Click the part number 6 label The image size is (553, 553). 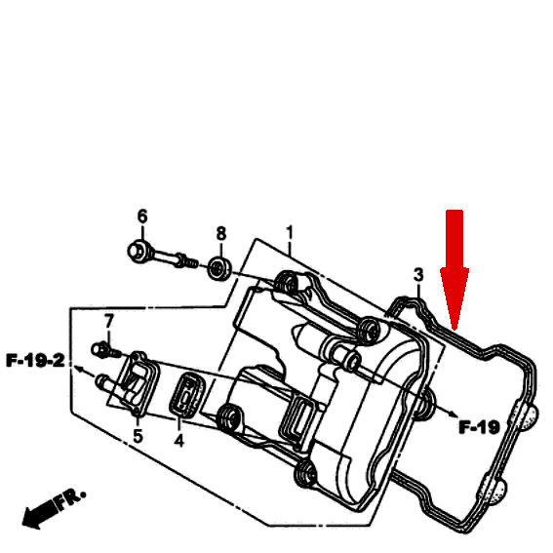pos(142,216)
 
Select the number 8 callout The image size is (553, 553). pos(221,233)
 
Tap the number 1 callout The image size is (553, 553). pos(290,232)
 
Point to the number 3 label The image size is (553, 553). pos(418,275)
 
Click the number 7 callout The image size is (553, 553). pos(109,321)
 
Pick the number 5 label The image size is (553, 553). pos(138,436)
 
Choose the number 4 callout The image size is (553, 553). pos(178,440)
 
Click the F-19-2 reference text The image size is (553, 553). pos(36,361)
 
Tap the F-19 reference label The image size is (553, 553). pos(479,427)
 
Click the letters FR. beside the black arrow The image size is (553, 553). pos(70,497)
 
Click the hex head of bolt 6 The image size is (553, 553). pos(138,251)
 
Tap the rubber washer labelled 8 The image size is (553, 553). pos(219,269)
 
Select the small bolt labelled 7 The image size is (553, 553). pos(105,350)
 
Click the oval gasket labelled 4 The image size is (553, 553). pos(187,395)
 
